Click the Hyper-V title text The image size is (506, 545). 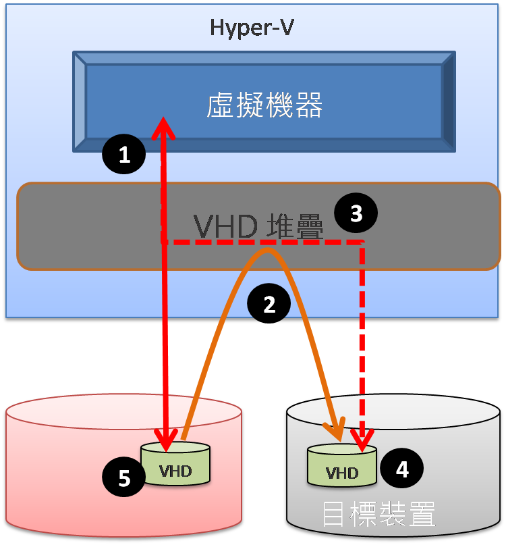tap(252, 28)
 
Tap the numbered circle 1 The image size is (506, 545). tap(124, 155)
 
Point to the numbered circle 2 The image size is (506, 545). tap(269, 305)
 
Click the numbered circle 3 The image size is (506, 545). tap(356, 213)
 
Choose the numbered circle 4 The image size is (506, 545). tap(402, 469)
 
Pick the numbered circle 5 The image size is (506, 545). tap(124, 478)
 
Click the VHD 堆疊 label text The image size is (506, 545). tap(258, 226)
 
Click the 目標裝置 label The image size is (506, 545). tap(378, 515)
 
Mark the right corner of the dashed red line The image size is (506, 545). tap(363, 242)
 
